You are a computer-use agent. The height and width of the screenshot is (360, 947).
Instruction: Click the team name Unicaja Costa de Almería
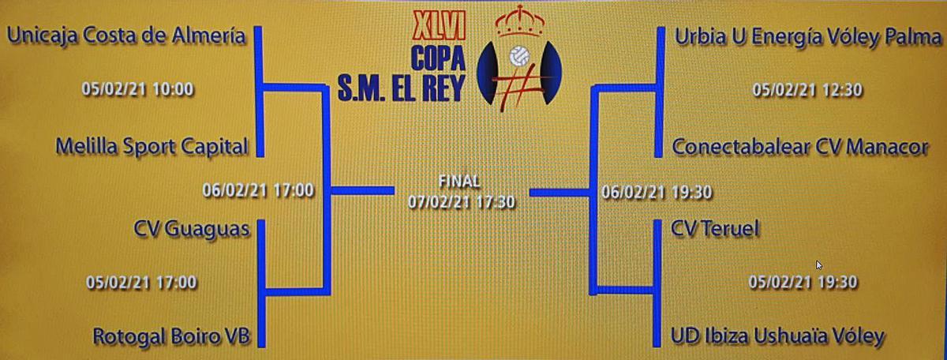click(x=126, y=36)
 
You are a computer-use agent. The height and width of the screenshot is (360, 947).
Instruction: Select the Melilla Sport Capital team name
click(x=152, y=147)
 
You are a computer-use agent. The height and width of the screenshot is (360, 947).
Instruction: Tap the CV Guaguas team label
click(x=192, y=230)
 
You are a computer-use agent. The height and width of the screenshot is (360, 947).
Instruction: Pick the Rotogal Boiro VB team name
click(x=171, y=337)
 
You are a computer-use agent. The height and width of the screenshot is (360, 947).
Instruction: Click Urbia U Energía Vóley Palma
click(x=808, y=38)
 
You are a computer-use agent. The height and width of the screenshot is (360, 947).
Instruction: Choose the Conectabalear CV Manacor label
click(x=800, y=148)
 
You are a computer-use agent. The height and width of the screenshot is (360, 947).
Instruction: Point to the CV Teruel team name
click(x=715, y=229)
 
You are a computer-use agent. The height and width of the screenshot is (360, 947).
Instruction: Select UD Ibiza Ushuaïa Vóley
click(x=777, y=337)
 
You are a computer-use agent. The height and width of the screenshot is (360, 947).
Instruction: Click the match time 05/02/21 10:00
click(x=137, y=89)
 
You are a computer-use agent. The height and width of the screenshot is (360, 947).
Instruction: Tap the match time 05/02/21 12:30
click(x=807, y=90)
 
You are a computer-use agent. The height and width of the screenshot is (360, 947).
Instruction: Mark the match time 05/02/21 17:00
click(x=141, y=282)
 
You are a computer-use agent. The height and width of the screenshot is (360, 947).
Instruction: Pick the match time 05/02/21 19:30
click(x=803, y=282)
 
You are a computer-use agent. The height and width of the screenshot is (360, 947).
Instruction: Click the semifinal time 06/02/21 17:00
click(x=258, y=190)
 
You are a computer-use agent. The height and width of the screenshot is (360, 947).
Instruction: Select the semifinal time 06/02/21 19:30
click(x=657, y=193)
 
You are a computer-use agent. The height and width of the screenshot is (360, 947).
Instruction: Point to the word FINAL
click(x=459, y=182)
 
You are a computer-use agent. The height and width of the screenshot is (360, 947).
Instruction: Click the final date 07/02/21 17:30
click(x=461, y=202)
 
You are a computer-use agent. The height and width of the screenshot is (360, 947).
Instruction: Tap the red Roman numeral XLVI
click(x=440, y=26)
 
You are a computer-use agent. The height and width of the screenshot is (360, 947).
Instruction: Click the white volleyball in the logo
click(x=519, y=56)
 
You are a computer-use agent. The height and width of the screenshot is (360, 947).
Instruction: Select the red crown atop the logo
click(x=519, y=21)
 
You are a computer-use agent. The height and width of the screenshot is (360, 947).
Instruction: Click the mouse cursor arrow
click(x=819, y=265)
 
